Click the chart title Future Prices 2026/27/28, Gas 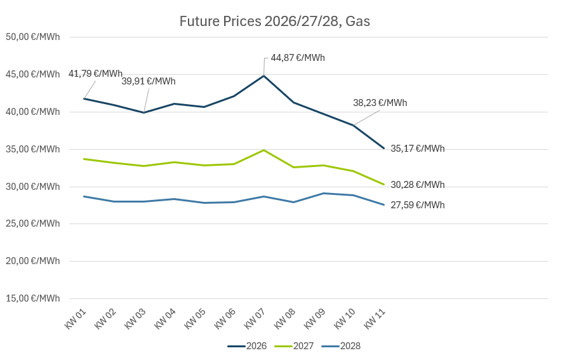(x=274, y=22)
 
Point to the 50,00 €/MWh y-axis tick (x=32, y=37)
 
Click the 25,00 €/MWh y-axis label (x=32, y=223)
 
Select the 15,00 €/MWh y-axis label (x=32, y=298)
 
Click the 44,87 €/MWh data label (x=298, y=58)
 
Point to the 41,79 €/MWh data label (x=95, y=74)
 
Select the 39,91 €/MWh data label (x=149, y=81)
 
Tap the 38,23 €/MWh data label (x=380, y=103)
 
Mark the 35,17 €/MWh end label (x=417, y=149)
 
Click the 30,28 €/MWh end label (x=417, y=185)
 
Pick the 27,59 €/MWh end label (x=417, y=205)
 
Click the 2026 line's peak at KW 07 (x=263, y=76)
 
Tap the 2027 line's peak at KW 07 (x=263, y=150)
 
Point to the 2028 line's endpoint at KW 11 (x=383, y=204)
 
